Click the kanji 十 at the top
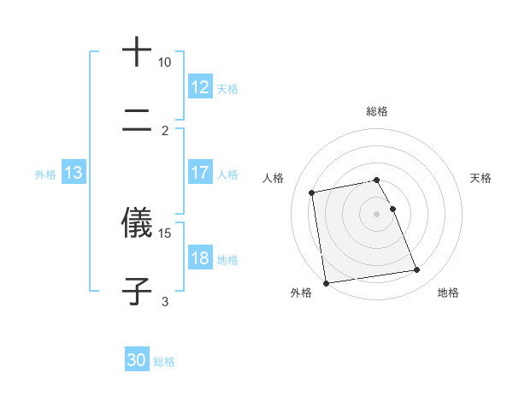138,53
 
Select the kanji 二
138,124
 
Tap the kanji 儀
138,222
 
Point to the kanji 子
138,293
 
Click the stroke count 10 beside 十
164,62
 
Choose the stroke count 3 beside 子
165,301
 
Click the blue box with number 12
199,87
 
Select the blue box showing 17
199,173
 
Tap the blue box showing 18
199,258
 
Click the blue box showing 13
73,173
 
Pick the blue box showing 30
137,360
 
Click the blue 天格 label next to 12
227,88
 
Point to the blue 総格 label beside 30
164,362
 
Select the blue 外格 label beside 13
45,174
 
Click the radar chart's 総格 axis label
377,111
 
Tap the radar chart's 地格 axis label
448,293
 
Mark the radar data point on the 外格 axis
326,282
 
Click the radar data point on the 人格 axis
312,192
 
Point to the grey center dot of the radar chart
377,213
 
